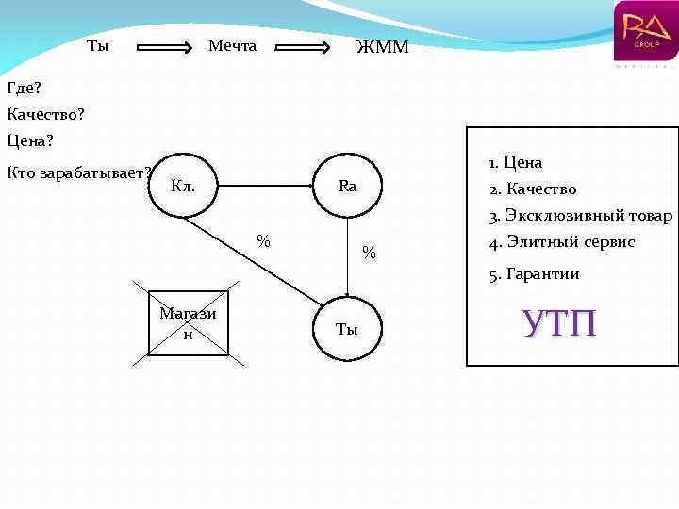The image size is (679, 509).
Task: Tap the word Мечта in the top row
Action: [x=232, y=46]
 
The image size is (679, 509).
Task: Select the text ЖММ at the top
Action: [x=383, y=47]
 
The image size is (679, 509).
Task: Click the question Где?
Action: [x=24, y=89]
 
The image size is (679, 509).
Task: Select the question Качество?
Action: [x=45, y=115]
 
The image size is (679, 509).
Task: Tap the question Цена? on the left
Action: [x=30, y=141]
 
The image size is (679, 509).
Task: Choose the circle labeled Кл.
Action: [x=183, y=186]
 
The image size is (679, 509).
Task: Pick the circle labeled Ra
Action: [x=348, y=186]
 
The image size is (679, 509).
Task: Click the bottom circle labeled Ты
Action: [x=347, y=329]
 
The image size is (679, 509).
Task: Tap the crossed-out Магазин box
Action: [x=188, y=322]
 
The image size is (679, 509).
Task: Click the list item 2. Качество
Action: [x=533, y=189]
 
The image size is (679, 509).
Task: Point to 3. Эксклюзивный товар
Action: [x=580, y=216]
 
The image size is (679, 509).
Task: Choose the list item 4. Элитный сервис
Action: [x=562, y=242]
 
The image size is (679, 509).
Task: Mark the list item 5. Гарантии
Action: [x=534, y=274]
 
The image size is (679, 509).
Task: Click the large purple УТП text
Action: [x=559, y=322]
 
